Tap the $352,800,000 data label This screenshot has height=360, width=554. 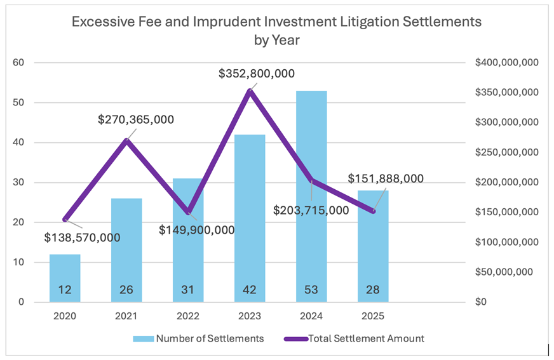pos(257,74)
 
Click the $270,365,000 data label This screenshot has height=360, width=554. pos(136,119)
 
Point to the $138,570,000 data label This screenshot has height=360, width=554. pos(82,237)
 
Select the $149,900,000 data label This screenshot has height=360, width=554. pos(196,229)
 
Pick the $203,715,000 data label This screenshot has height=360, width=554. pos(311,210)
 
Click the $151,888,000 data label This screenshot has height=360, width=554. pos(386,179)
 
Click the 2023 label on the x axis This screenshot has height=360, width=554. pos(250,316)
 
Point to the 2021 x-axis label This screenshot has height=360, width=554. pos(126,316)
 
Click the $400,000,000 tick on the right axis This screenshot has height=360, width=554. pos(506,63)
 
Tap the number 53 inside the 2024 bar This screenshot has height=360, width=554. pos(311,290)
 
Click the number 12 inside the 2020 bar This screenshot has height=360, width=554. pos(65,290)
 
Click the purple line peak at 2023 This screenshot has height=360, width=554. pos(250,91)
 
